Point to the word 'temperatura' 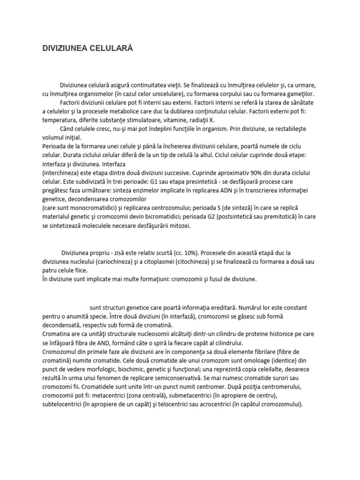click(59, 120)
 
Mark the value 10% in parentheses click(178, 252)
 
